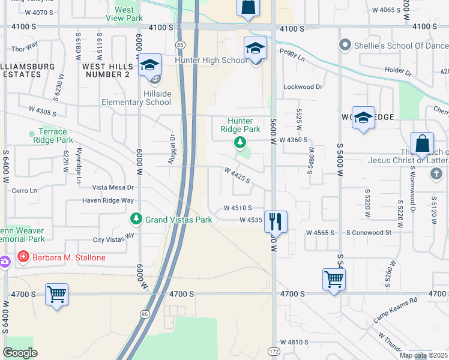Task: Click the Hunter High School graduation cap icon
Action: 255,49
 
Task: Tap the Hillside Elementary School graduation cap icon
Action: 149,66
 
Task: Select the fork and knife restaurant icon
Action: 276,221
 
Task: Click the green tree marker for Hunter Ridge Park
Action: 240,142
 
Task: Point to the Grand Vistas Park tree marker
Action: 137,220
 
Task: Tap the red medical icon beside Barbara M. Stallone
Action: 23,257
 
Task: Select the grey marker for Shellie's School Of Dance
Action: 345,45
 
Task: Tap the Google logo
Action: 20,352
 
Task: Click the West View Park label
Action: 124,14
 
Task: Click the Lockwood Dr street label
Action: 303,87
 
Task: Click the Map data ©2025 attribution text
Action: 423,355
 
